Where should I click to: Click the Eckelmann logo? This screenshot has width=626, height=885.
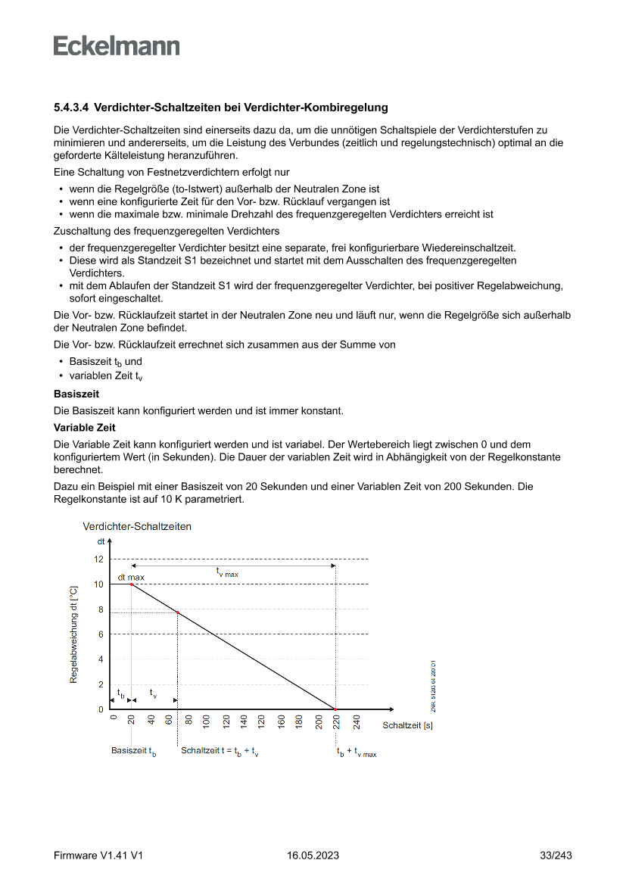[x=117, y=45]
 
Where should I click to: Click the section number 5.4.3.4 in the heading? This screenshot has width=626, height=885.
[x=71, y=108]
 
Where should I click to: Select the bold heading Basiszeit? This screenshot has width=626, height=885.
[x=76, y=394]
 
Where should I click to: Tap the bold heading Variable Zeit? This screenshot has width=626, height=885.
[x=83, y=428]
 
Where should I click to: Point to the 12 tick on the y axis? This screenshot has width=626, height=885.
[x=99, y=559]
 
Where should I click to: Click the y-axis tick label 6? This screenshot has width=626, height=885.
[x=101, y=634]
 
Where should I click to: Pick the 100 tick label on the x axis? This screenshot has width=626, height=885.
[x=207, y=722]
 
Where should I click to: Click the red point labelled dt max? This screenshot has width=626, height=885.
[x=132, y=584]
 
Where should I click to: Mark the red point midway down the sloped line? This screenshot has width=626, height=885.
[x=177, y=612]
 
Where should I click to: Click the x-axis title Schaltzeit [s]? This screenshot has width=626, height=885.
[x=407, y=725]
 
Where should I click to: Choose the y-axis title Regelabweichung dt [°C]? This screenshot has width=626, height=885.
[x=73, y=634]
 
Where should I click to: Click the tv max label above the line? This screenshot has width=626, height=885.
[x=227, y=573]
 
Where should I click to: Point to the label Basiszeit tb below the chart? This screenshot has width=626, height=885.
[x=134, y=752]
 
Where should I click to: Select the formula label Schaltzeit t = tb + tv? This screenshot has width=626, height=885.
[x=220, y=752]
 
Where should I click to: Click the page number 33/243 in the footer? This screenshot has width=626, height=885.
[x=556, y=855]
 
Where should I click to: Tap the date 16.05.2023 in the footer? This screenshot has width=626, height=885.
[x=313, y=855]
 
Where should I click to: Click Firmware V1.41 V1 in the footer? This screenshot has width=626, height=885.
[x=98, y=855]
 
